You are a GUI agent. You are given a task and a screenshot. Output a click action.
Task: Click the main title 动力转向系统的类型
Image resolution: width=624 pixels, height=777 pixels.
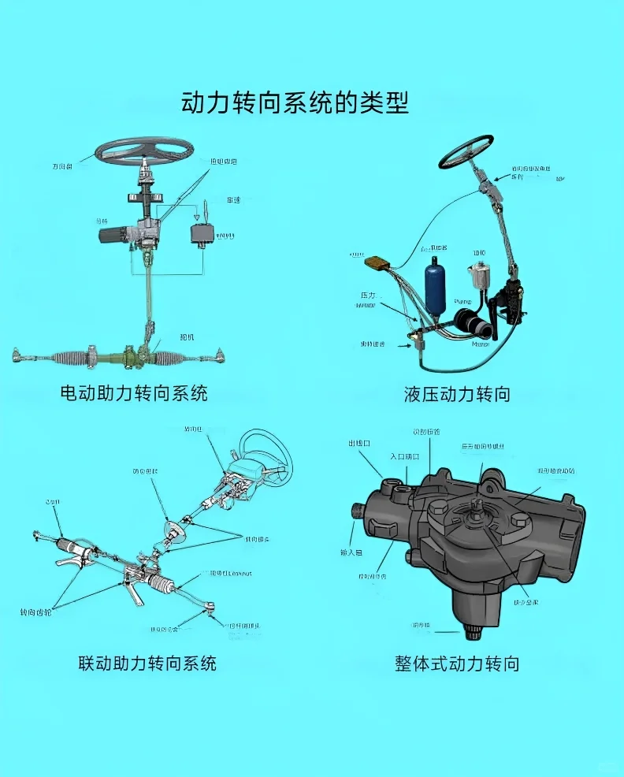[295, 103]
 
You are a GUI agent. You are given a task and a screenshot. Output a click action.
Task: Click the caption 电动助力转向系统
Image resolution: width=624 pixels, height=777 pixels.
[134, 392]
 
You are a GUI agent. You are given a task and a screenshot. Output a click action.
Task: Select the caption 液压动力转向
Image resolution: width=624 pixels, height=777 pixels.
[457, 393]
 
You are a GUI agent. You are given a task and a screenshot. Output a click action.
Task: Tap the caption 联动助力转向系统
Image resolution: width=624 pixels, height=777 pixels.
[147, 663]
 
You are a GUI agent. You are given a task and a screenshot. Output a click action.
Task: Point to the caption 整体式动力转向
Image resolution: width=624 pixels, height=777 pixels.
[457, 664]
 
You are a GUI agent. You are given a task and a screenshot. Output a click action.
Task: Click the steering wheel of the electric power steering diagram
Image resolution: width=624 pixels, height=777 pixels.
[144, 149]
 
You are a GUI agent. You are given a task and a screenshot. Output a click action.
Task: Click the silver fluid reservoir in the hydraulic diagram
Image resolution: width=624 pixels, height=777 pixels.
[478, 277]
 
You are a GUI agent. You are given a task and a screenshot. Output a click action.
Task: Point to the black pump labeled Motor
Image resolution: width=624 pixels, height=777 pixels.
[471, 323]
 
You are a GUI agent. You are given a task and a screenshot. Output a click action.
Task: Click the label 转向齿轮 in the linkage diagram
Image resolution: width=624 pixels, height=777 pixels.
[35, 612]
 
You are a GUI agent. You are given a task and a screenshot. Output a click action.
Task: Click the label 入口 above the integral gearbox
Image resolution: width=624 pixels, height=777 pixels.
[403, 456]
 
